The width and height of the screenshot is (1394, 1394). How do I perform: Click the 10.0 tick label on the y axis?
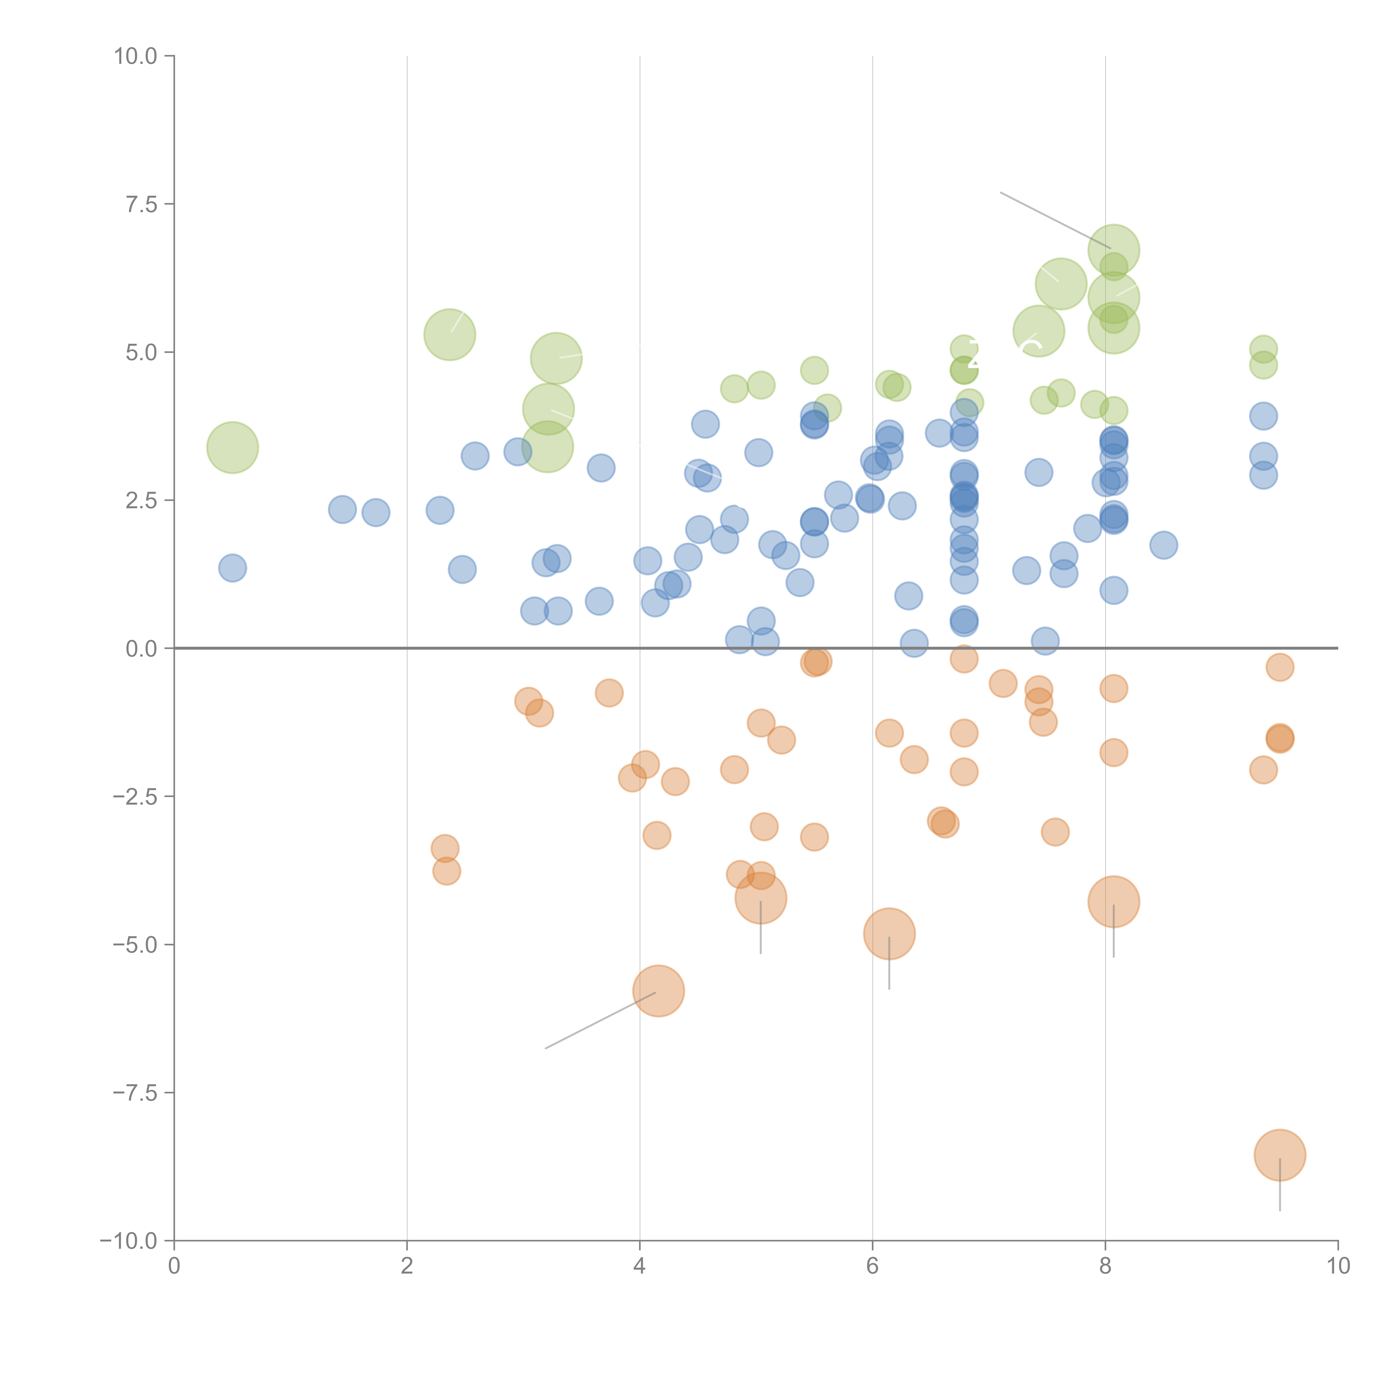point(136,56)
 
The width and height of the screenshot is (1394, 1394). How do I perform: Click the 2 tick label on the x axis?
point(407,1266)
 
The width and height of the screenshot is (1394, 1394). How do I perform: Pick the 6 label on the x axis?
point(872,1266)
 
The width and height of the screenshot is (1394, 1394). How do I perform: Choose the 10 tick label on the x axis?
point(1338,1266)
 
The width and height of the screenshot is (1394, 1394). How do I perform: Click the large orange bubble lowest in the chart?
point(1279,1155)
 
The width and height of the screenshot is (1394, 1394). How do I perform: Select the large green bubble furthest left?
point(232,447)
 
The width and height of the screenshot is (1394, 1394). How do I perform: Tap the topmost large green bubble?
point(1113,250)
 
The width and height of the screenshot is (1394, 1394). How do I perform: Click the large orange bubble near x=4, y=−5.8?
point(658,991)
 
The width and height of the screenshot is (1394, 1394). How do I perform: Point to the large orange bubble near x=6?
point(889,934)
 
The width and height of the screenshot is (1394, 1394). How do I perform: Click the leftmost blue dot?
point(232,568)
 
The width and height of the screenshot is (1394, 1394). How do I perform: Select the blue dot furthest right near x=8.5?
point(1163,545)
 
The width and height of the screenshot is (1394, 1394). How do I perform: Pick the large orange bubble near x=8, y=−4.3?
point(1113,901)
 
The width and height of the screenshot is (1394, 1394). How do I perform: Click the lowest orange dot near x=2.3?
point(447,871)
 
